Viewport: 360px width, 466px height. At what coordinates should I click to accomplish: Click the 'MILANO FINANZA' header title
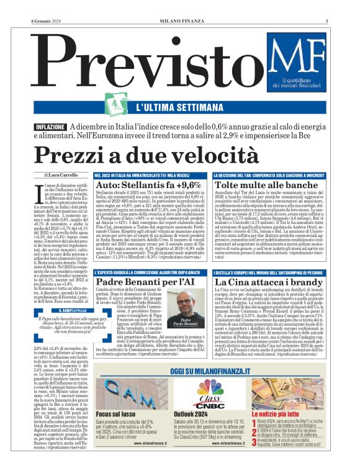[180, 4]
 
